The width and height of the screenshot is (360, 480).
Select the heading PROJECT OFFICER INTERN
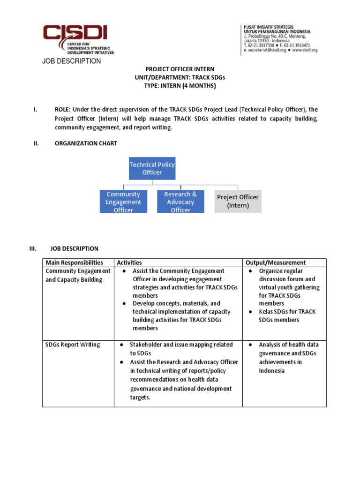(180, 69)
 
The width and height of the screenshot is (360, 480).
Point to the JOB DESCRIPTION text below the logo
(71, 61)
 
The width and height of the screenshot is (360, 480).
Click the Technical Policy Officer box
(152, 168)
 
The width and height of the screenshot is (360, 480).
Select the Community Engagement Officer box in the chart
(123, 202)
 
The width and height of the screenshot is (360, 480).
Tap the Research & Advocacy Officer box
(180, 202)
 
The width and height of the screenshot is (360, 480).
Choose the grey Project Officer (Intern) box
(238, 201)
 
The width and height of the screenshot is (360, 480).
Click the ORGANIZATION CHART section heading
(86, 143)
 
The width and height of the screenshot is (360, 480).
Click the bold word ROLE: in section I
(63, 109)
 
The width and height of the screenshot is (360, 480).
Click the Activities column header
(129, 262)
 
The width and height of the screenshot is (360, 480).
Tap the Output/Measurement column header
(276, 262)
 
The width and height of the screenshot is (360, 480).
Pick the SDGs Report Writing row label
(73, 345)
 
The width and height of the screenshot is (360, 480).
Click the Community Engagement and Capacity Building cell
(78, 275)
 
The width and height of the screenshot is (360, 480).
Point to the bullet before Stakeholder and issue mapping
(121, 345)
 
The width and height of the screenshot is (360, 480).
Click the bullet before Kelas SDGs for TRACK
(250, 312)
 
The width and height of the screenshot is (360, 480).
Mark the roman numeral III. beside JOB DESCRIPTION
(33, 248)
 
